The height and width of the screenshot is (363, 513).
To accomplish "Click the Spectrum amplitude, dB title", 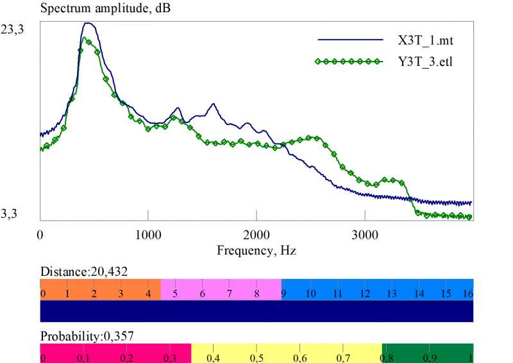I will [x=106, y=9].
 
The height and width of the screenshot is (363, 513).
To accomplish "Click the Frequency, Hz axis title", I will [x=256, y=249].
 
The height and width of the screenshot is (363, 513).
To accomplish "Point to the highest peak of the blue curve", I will [x=88, y=24].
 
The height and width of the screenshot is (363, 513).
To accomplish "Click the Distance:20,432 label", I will [x=84, y=271].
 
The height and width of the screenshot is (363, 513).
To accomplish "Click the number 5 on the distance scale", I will [x=174, y=294].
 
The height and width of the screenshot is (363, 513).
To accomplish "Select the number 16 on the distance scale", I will [x=467, y=294].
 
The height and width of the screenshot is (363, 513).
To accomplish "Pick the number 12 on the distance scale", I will [x=364, y=294].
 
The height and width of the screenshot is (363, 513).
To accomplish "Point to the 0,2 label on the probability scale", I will [x=127, y=357].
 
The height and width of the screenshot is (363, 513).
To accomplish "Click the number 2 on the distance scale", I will [x=94, y=294].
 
